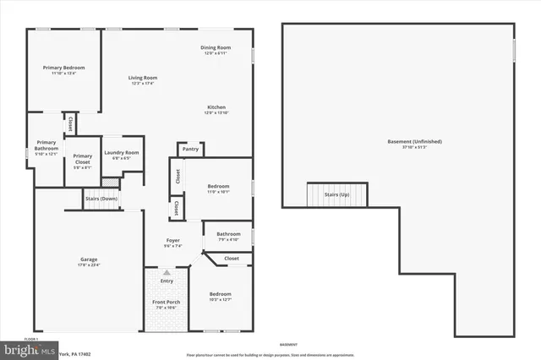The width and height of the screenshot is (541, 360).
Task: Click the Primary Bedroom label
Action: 63,70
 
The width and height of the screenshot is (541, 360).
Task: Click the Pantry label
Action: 189,149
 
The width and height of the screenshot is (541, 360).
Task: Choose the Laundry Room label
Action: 121,155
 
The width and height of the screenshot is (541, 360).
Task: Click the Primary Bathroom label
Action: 46,149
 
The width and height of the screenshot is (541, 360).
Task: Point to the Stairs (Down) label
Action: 101,199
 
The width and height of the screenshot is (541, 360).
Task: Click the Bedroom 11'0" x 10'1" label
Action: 219,188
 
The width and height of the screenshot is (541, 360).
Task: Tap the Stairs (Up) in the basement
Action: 336,194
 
